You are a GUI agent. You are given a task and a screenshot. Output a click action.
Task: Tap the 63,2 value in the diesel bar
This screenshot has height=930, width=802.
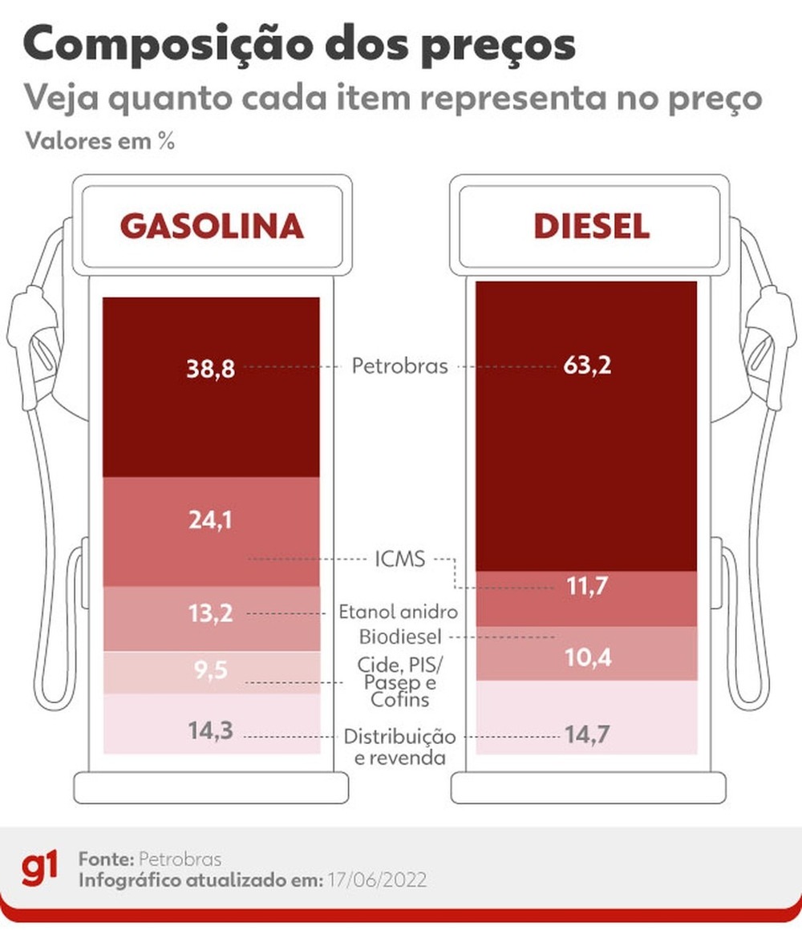point(586,366)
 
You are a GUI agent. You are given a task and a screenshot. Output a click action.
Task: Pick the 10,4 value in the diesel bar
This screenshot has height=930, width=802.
point(586,657)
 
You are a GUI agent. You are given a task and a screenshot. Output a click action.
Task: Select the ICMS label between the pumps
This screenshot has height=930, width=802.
point(399,559)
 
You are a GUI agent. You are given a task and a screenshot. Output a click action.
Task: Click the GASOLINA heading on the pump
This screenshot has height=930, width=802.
point(212,227)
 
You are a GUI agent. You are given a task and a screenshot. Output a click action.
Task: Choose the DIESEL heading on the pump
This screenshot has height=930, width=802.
point(591,228)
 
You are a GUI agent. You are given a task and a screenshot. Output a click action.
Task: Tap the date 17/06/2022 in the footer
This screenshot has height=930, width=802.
point(375,879)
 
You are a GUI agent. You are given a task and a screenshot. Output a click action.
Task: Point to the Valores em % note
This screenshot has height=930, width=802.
point(99,141)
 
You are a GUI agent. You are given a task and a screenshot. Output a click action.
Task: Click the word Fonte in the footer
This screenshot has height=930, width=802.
point(105,859)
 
